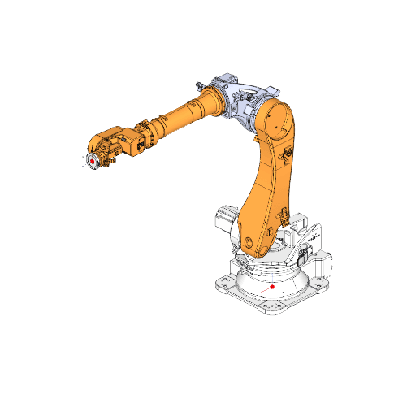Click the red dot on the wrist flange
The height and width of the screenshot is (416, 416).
pyautogui.click(x=93, y=161)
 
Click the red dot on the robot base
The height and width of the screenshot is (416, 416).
pyautogui.click(x=272, y=287)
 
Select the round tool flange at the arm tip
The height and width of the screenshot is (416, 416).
pyautogui.click(x=93, y=160)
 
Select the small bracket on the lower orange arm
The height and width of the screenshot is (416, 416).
pyautogui.click(x=284, y=215)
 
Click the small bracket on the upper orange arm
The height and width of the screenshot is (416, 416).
pyautogui.click(x=286, y=154)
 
